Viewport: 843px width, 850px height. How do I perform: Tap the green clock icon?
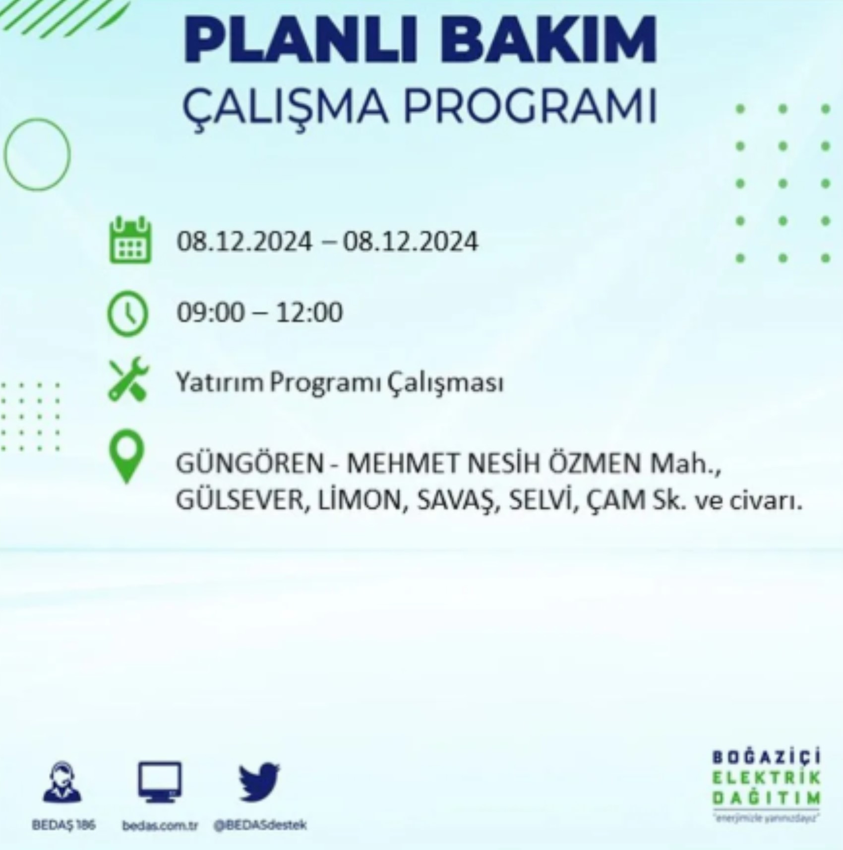tap(128, 314)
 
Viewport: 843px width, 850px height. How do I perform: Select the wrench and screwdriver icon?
tap(128, 379)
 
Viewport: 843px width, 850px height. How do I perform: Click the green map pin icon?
tap(127, 457)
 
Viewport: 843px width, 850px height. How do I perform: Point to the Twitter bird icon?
tap(259, 782)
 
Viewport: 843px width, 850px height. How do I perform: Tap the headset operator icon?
tap(62, 782)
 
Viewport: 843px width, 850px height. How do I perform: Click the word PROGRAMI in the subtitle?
tap(530, 106)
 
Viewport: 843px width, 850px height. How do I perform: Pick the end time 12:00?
tap(309, 313)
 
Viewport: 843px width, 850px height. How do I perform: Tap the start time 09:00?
tap(211, 313)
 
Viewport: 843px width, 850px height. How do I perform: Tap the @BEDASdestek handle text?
tap(260, 825)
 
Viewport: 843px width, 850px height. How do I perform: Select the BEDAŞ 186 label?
tap(63, 825)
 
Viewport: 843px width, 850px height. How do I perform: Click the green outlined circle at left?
tap(38, 154)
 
